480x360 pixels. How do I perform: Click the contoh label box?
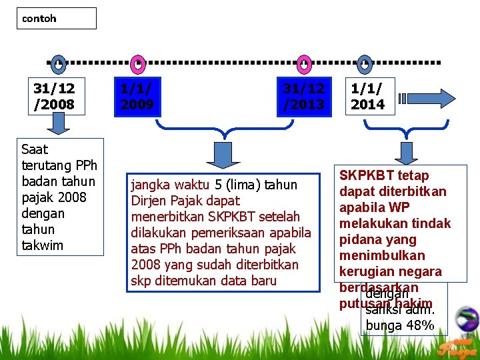pyautogui.click(x=56, y=19)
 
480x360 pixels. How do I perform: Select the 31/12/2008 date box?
pyautogui.click(x=55, y=96)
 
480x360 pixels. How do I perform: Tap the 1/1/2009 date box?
pyautogui.click(x=137, y=96)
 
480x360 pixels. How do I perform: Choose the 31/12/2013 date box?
pyautogui.click(x=304, y=96)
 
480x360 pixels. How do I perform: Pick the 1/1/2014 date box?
pyautogui.click(x=368, y=95)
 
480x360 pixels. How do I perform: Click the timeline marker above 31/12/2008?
pyautogui.click(x=59, y=64)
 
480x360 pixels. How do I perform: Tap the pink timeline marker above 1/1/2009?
pyautogui.click(x=137, y=64)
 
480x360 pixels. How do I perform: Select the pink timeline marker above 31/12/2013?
pyautogui.click(x=304, y=64)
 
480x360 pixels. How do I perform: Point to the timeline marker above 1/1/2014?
pyautogui.click(x=365, y=64)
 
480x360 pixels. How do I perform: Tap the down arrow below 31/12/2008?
pyautogui.click(x=59, y=123)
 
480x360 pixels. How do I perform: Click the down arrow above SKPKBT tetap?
pyautogui.click(x=405, y=153)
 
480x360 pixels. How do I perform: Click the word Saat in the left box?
pyautogui.click(x=35, y=149)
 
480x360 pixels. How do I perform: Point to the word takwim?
pyautogui.click(x=43, y=245)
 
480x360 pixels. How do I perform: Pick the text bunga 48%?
pyautogui.click(x=400, y=325)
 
